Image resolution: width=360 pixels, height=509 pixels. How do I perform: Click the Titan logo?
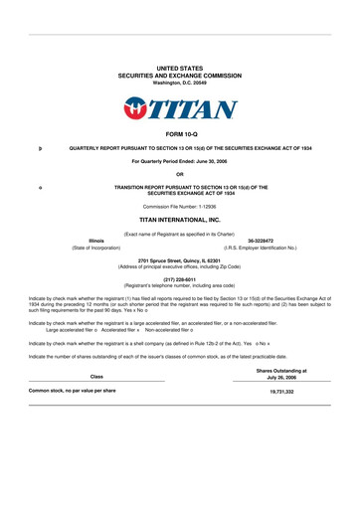pos(180,105)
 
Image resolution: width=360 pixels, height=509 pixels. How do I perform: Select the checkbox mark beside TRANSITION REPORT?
pos(37,186)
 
